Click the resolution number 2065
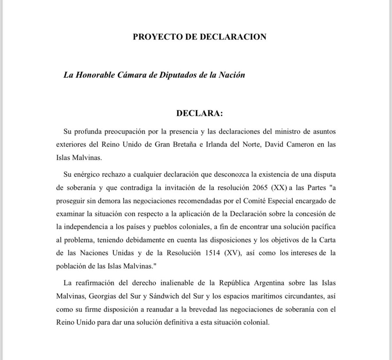click(x=260, y=188)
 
